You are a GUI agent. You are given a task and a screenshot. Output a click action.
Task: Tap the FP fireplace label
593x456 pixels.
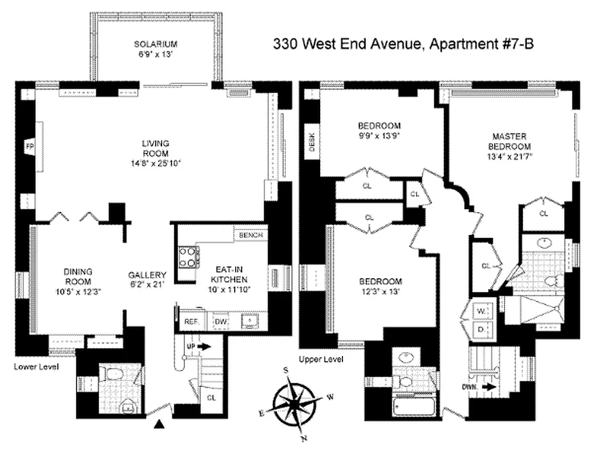tap(30, 147)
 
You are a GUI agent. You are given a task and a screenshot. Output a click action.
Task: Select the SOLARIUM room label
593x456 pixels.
tap(156, 44)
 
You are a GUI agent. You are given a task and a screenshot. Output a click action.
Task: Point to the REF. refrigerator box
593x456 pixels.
tap(191, 321)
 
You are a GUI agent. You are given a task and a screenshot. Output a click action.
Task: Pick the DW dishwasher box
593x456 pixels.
tap(220, 321)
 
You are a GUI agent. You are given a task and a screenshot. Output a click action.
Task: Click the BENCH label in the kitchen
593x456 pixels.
tap(251, 235)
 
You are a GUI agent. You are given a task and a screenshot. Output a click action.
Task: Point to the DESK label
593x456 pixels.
tap(312, 142)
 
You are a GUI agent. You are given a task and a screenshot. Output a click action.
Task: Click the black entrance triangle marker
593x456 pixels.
tap(161, 424)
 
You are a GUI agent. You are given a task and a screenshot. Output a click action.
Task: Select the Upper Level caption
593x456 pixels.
tap(321, 359)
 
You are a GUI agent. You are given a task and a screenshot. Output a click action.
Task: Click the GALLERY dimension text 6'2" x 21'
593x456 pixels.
tap(147, 283)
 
